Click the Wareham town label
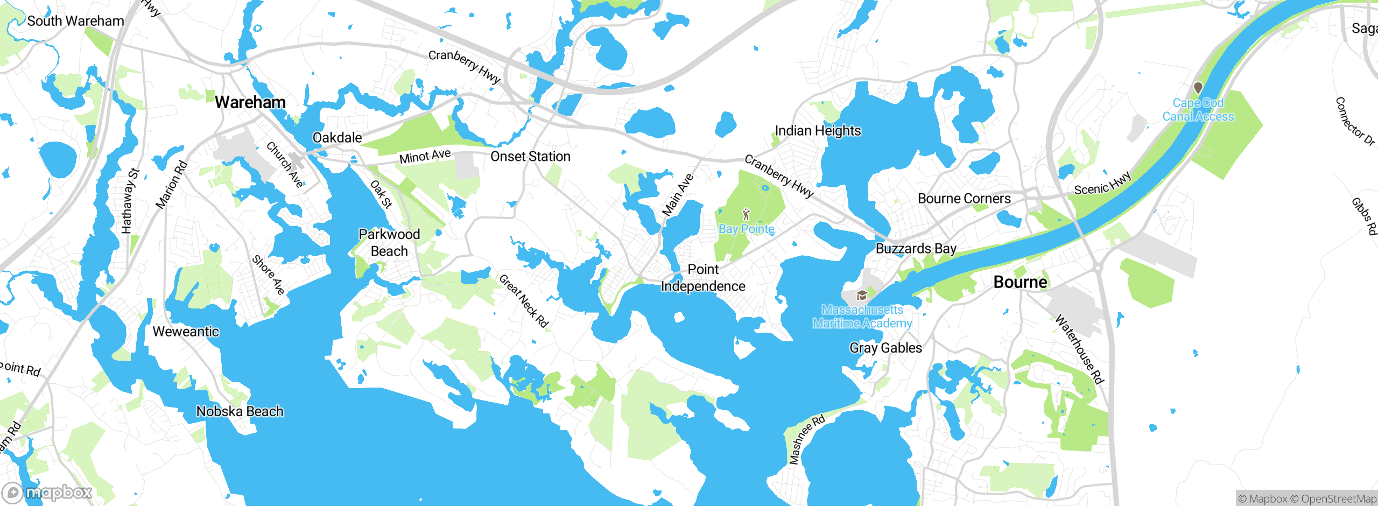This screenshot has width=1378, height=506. coord(250,102)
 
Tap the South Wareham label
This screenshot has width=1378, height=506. coord(75,21)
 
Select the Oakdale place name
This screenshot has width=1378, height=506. coord(338,138)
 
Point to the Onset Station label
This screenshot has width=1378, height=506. coord(530,157)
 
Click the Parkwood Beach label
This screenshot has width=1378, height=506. coord(389,243)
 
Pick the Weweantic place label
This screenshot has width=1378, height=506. coord(186,332)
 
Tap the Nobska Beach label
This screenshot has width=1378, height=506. coord(240,411)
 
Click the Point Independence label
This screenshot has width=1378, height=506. coord(703,278)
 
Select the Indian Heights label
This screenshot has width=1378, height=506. coord(818,131)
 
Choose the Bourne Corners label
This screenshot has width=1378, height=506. coord(964,199)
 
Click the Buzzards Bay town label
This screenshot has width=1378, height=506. coord(916,249)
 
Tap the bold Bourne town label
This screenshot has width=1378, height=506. coord(1020,282)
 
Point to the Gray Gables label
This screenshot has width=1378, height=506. coord(885,348)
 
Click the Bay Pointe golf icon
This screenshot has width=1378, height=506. coord(746,215)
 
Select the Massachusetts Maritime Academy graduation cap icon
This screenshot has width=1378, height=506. coord(862,295)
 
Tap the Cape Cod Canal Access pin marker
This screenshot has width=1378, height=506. coord(1198,87)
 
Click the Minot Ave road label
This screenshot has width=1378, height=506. coord(425,157)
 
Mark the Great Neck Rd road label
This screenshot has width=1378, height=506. coord(523,301)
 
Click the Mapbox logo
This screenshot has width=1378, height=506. coord(47,492)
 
